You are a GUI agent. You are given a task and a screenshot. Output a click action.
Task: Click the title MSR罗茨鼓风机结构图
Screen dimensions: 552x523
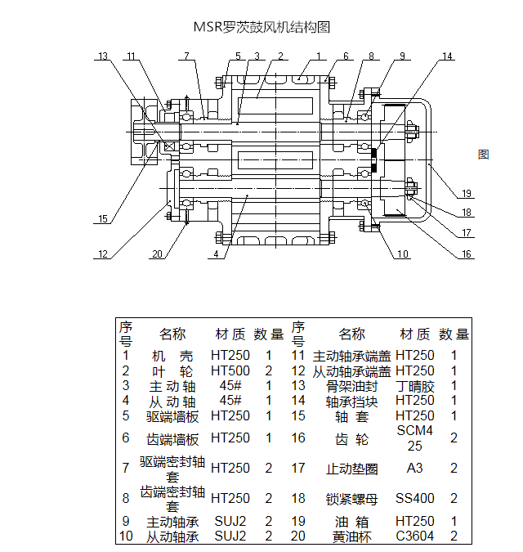coord(261,27)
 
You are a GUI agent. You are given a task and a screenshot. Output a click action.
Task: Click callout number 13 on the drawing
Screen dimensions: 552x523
coord(102,56)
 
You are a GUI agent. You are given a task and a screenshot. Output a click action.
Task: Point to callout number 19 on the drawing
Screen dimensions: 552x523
coord(466,194)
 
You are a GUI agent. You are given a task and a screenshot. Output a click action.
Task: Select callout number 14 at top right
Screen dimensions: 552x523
coord(446,56)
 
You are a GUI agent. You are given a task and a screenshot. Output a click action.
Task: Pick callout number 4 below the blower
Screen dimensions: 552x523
coord(216,254)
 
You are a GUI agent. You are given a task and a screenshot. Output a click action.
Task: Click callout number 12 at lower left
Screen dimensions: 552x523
coord(102,254)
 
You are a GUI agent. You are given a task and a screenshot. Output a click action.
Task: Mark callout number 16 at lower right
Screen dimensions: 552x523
coord(466,254)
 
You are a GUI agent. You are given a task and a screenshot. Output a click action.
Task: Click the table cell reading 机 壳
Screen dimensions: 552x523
coord(172,356)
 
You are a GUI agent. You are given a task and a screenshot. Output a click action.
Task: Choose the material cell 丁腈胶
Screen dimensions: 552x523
coord(415,386)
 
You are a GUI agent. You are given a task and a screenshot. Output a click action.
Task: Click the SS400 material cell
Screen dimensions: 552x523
coord(415,498)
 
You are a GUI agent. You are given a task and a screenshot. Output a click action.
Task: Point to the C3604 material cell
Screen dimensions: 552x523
coord(415,536)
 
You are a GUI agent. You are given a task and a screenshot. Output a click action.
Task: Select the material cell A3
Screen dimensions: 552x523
coord(415,469)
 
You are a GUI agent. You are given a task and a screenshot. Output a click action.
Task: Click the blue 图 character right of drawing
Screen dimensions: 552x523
coord(483,154)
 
